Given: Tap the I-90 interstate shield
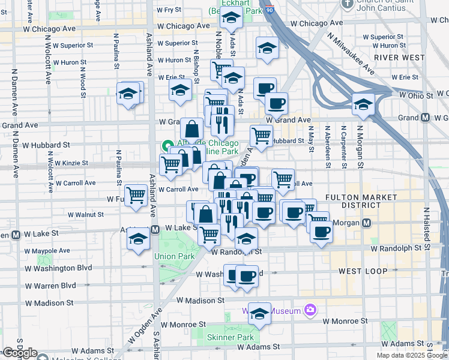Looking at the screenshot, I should (x=271, y=10).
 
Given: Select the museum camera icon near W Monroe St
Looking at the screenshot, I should (x=310, y=310).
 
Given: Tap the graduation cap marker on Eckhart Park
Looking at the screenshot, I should (x=231, y=20).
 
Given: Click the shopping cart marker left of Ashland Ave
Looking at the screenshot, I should (x=137, y=194).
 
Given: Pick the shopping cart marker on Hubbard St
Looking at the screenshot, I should (x=261, y=136).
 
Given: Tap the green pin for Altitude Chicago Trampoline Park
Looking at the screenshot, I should (x=166, y=146).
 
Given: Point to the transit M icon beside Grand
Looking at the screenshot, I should (x=426, y=118).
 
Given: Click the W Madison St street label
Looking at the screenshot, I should (x=200, y=300).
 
